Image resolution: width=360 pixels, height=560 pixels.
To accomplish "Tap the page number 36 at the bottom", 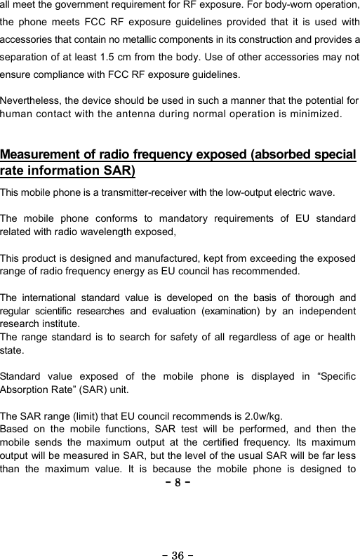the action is (x=179, y=537).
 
